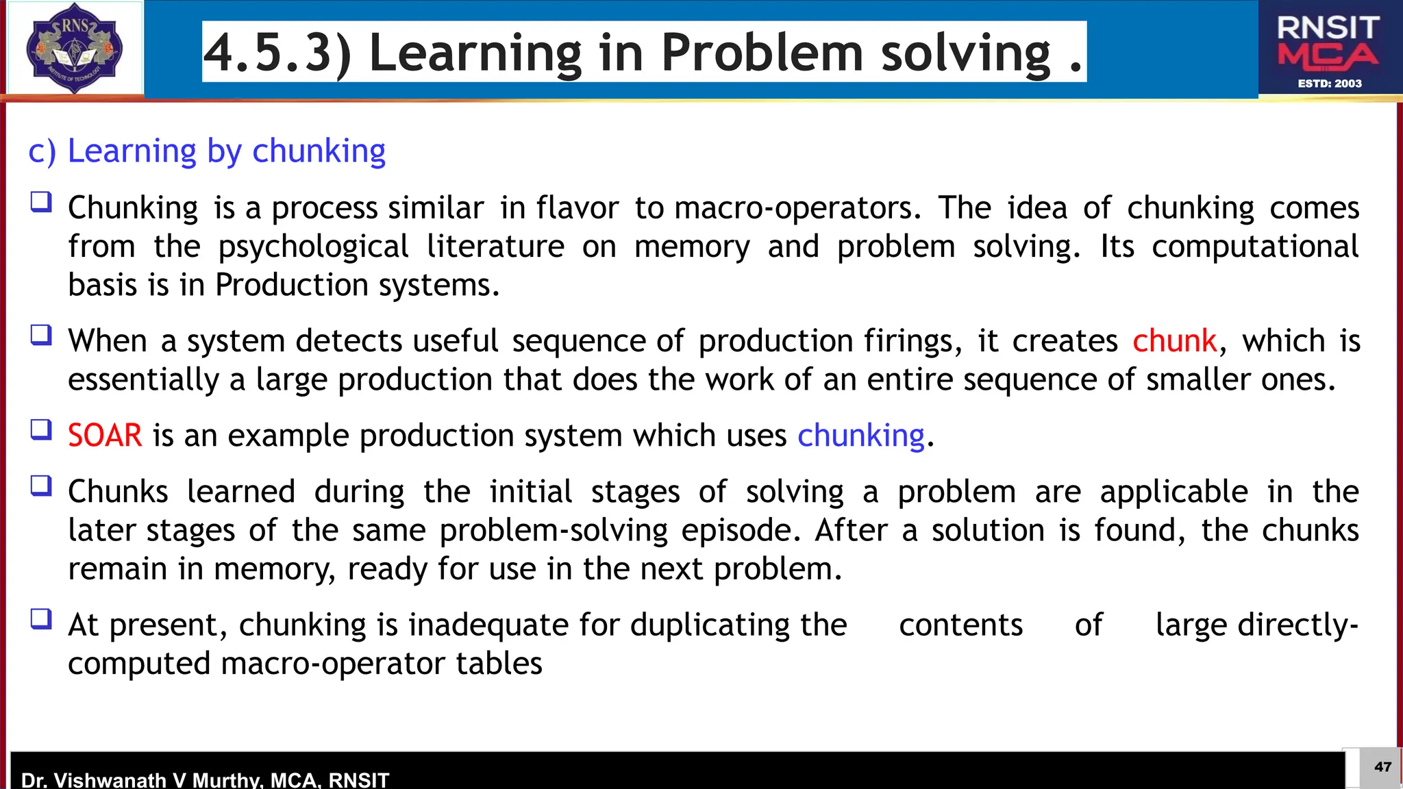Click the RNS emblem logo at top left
[74, 48]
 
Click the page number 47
[1382, 767]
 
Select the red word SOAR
[105, 436]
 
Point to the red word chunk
[1174, 341]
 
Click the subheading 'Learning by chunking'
[226, 151]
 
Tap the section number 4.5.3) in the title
[277, 53]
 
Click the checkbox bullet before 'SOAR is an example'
[41, 430]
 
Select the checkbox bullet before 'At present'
[41, 619]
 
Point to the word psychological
[313, 247]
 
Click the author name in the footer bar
[205, 779]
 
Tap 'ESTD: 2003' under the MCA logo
[1330, 84]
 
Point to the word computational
[1255, 247]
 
